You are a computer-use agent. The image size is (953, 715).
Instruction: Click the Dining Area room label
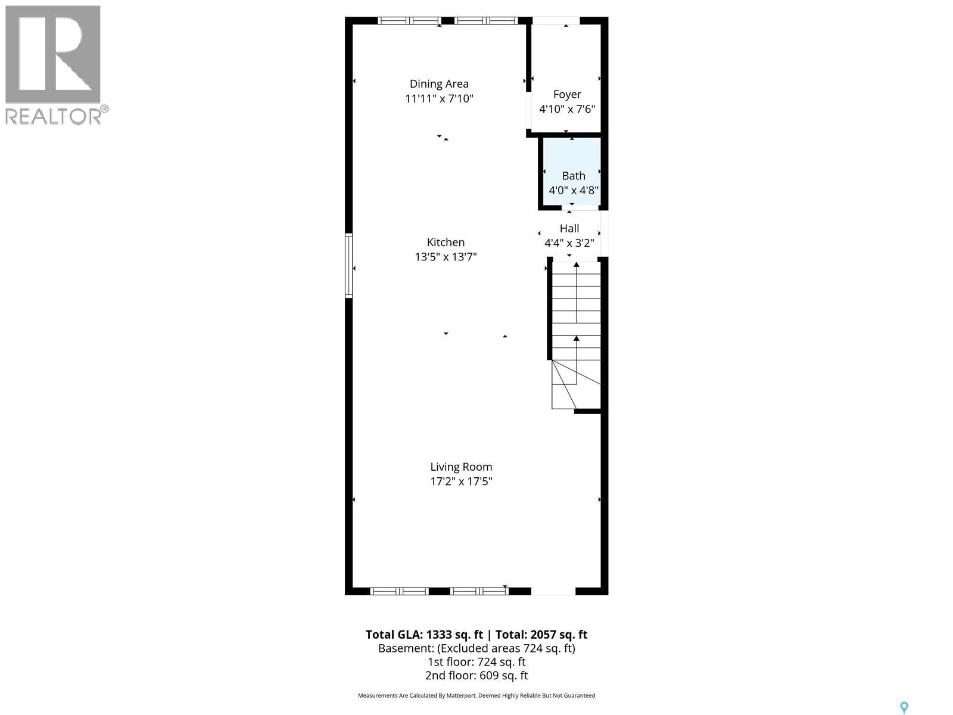(439, 84)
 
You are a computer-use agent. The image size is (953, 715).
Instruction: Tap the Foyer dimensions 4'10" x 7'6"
(567, 109)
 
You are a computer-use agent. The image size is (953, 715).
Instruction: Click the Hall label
(569, 228)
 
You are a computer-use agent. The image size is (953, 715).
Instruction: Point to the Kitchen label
(446, 242)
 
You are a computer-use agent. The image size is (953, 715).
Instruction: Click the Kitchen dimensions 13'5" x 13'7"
(446, 257)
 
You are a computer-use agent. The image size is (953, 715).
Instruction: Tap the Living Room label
(461, 467)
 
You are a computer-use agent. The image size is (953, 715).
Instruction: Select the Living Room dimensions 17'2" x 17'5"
(461, 481)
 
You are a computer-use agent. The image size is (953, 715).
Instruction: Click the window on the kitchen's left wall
(349, 266)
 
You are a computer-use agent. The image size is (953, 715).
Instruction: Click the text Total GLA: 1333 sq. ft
(424, 635)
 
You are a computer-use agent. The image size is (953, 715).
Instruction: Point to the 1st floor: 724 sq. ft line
(476, 661)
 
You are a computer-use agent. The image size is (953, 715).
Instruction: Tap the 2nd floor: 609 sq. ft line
(476, 675)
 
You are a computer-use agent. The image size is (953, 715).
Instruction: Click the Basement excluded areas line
(476, 648)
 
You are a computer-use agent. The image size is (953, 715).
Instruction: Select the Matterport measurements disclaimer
(476, 695)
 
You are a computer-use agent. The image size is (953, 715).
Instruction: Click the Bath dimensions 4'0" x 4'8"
(574, 191)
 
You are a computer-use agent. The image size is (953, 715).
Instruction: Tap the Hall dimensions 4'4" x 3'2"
(569, 243)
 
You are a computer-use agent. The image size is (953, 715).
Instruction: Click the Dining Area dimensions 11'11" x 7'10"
(439, 98)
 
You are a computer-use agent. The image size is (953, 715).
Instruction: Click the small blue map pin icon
(904, 707)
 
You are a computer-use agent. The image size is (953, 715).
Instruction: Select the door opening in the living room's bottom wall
(553, 591)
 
